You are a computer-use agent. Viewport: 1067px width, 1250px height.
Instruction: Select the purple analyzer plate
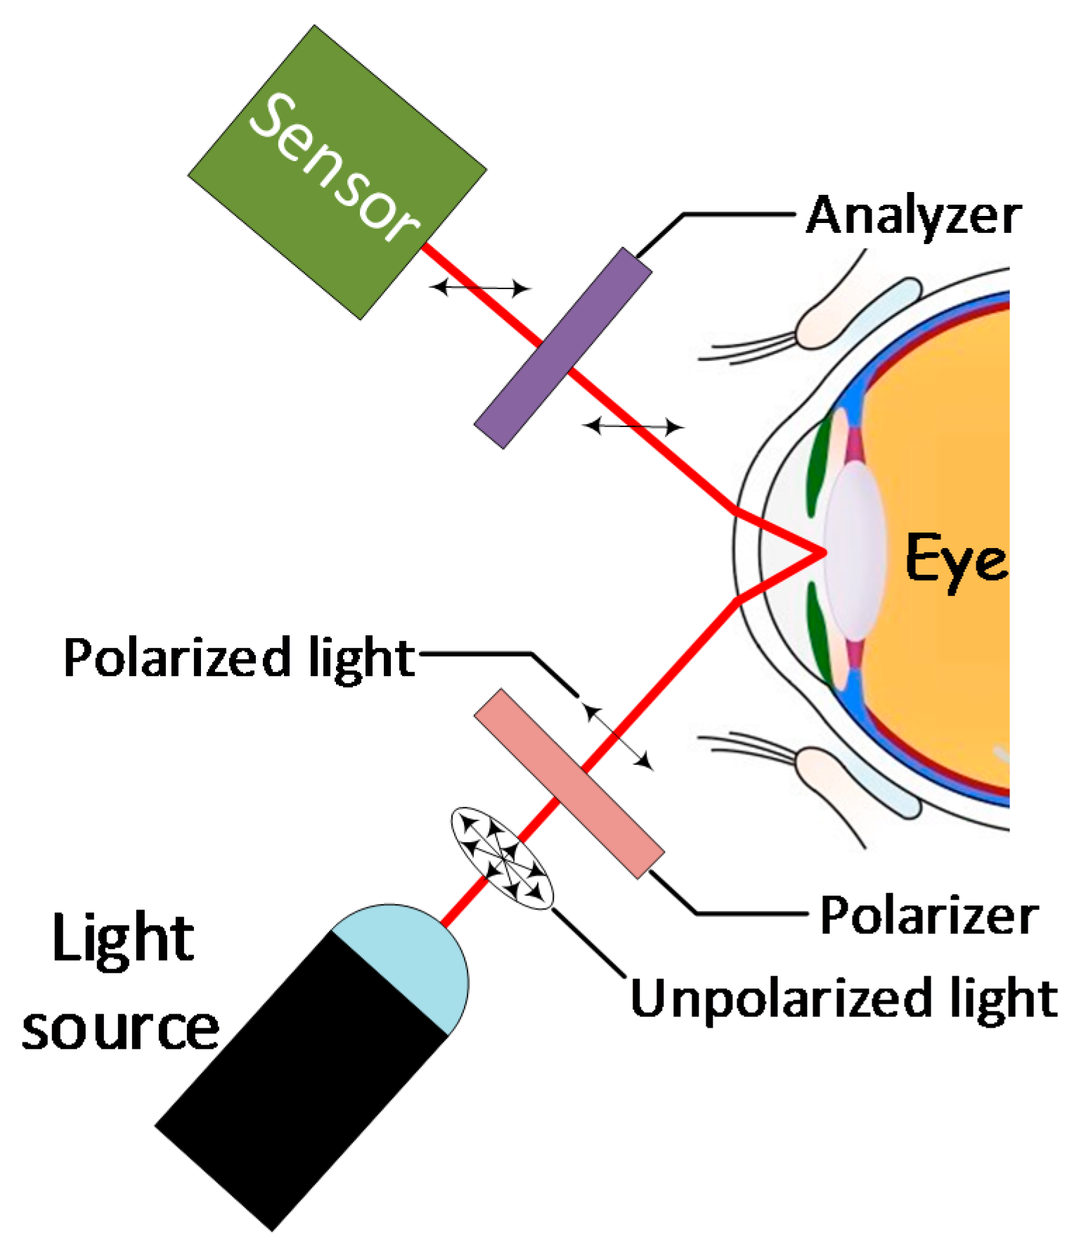point(563,347)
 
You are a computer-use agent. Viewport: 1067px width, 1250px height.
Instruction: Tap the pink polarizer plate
point(569,784)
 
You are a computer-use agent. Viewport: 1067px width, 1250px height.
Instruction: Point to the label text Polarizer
point(929,916)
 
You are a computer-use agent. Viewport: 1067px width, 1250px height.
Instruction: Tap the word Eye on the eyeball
point(956,559)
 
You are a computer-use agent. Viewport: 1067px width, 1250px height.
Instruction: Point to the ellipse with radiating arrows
point(502,859)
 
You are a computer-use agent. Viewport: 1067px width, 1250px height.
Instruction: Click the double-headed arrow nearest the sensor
point(479,287)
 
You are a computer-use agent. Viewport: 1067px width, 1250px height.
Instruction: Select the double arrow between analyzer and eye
point(633,426)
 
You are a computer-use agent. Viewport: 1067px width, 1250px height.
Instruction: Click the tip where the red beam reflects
point(821,552)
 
